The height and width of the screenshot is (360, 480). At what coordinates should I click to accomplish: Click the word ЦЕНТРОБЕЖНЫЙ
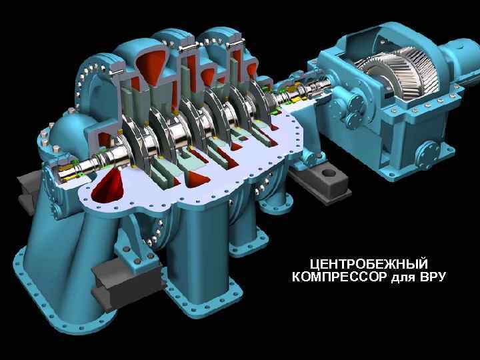click(x=369, y=264)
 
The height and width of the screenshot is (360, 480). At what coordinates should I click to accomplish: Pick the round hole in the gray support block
click(x=329, y=173)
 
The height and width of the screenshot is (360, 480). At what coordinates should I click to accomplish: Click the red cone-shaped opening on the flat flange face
click(x=107, y=186)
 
